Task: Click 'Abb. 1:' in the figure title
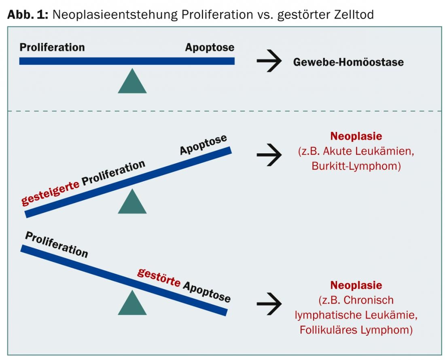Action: pos(28,15)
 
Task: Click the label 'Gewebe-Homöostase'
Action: pos(348,62)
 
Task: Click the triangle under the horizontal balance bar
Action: pos(132,82)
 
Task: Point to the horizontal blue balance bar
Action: pos(127,61)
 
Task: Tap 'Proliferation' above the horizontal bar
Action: pos(52,47)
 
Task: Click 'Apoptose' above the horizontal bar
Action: pos(210,47)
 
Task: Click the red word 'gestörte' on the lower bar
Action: pos(159,277)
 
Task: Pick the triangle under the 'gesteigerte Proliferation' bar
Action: pos(132,202)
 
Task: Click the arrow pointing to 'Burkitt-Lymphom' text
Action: pos(269,155)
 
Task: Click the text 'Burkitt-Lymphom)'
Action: pos(356,166)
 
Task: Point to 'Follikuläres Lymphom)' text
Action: pos(356,330)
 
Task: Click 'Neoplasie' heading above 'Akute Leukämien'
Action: pos(356,136)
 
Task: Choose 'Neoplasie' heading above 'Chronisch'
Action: pos(356,285)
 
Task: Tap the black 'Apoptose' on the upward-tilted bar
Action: pos(203,145)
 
